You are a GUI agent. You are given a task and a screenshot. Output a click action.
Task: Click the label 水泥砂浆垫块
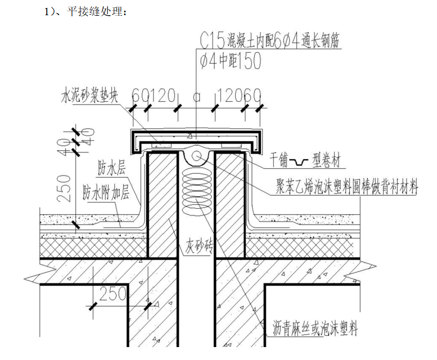click(x=89, y=96)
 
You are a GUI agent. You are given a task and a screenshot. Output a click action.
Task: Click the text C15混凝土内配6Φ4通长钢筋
click(x=270, y=40)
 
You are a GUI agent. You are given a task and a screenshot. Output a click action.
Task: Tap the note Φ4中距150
click(x=231, y=61)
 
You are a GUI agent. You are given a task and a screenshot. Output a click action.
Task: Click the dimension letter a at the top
click(x=196, y=96)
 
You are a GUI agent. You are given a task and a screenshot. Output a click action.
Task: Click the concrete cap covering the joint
click(x=196, y=136)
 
